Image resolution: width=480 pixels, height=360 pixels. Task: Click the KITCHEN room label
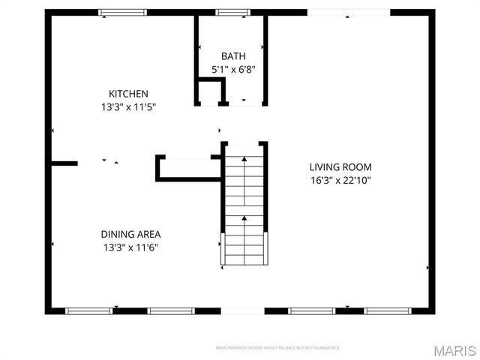click(128, 94)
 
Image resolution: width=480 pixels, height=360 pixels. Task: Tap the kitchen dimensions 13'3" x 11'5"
click(128, 106)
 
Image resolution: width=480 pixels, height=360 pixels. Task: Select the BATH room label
click(232, 56)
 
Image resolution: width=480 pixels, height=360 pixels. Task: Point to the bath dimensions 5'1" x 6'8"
click(232, 69)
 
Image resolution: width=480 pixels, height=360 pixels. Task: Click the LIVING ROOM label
click(340, 167)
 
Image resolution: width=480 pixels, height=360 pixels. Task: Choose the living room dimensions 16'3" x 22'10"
click(340, 180)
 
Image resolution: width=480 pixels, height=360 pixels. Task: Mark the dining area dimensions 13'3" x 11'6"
click(130, 247)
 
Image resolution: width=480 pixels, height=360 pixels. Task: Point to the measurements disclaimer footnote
click(277, 348)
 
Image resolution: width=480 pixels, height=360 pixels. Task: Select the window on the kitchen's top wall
click(123, 12)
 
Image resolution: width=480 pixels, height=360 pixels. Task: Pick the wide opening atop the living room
click(348, 12)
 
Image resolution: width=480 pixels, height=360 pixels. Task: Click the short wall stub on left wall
click(64, 163)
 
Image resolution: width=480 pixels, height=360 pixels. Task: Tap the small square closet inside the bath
click(211, 91)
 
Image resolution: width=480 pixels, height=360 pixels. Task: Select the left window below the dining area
click(88, 310)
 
